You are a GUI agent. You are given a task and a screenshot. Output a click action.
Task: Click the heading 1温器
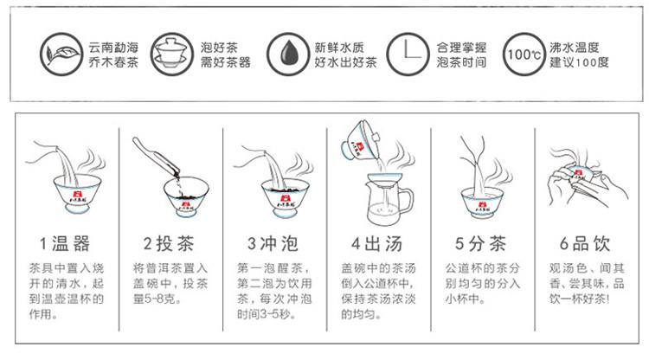click(x=65, y=244)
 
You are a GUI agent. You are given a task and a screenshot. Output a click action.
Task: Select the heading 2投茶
click(x=169, y=244)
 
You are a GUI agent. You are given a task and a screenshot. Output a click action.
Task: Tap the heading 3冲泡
click(x=273, y=244)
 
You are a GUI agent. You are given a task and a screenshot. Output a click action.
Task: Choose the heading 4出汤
click(x=377, y=244)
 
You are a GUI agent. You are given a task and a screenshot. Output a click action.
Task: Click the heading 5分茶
click(x=481, y=244)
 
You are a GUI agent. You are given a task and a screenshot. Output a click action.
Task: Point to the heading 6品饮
click(x=585, y=244)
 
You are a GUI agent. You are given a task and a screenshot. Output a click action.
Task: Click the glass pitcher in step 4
click(x=389, y=199)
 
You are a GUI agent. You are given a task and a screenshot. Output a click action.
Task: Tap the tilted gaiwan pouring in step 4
click(x=360, y=140)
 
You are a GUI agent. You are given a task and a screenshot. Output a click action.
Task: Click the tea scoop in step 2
click(x=156, y=156)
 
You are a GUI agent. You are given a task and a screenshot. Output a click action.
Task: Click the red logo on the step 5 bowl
click(x=482, y=204)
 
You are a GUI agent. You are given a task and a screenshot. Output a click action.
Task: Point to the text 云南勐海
click(x=113, y=48)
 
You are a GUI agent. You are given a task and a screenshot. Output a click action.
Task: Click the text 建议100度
click(x=579, y=62)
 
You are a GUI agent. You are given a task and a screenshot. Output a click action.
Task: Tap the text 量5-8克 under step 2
click(x=157, y=299)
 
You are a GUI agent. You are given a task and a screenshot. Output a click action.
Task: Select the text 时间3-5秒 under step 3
click(x=267, y=314)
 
